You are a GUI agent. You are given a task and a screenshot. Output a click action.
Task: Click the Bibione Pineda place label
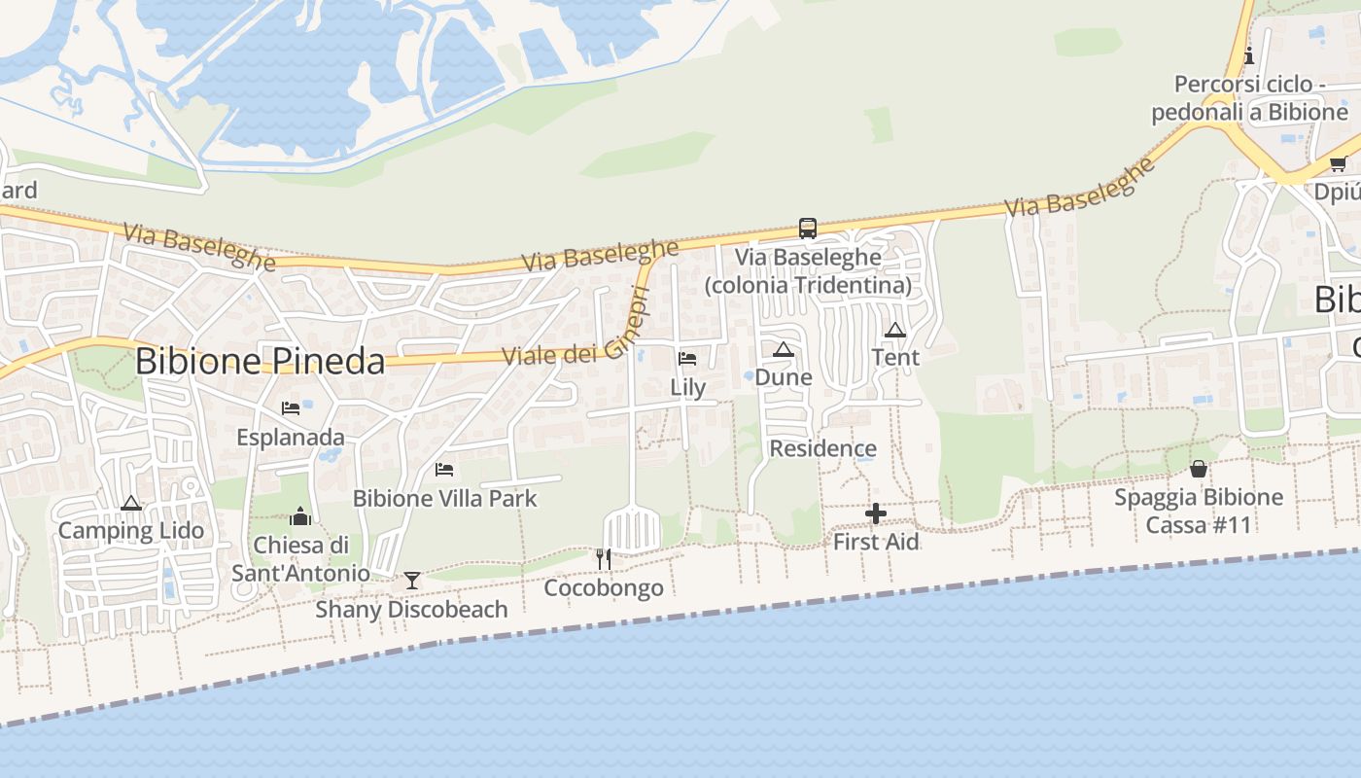pos(260,362)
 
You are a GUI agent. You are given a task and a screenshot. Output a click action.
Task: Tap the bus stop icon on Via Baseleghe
pos(807,229)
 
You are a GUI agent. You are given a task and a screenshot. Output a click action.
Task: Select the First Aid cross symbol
pos(876,513)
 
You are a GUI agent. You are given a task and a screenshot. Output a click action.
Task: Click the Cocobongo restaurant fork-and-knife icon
pos(604,559)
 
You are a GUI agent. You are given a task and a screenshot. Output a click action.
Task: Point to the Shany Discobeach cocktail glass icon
pos(412,581)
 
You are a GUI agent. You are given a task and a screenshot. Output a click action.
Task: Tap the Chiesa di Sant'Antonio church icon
pos(300,516)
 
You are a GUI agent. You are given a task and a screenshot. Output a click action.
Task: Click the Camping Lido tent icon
pos(131,503)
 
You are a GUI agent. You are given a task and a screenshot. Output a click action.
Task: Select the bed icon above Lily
pos(687,359)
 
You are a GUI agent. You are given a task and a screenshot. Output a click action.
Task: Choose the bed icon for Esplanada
pos(291,408)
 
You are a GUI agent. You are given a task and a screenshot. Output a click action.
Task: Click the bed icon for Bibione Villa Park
pos(444,470)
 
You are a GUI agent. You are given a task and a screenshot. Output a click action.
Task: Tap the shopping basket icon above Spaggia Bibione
pos(1199,469)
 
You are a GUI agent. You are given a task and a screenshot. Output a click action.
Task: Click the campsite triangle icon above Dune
pos(784,349)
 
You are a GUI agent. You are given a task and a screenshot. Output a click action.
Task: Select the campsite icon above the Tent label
pos(895,330)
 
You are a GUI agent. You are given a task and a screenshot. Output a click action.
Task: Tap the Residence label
pos(822,448)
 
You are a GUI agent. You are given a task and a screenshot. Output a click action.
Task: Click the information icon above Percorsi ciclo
pos(1249,55)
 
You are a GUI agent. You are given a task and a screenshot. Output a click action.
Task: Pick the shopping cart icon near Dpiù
pos(1338,163)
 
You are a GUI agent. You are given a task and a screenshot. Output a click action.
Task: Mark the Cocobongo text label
pos(604,587)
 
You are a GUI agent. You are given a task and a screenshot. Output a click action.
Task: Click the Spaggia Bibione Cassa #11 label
pos(1199,512)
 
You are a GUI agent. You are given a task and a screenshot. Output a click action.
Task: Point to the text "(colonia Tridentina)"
pos(809,285)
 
